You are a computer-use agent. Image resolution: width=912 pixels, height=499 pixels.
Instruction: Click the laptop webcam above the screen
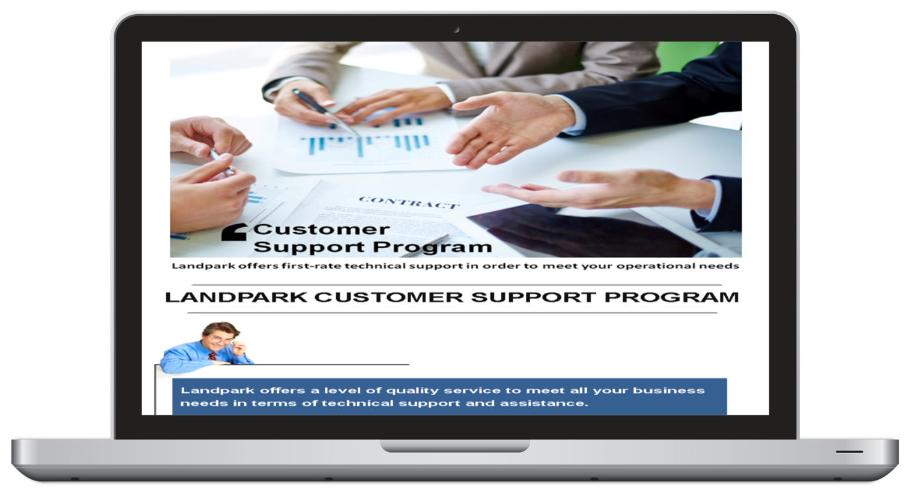click(x=457, y=30)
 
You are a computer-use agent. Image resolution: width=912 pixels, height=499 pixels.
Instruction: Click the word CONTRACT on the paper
click(x=409, y=203)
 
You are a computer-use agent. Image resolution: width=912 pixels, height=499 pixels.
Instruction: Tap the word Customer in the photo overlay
click(x=322, y=230)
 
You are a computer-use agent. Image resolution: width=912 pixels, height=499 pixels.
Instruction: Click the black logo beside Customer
click(x=234, y=232)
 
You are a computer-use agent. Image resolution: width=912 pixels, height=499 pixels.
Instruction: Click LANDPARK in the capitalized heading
click(x=236, y=297)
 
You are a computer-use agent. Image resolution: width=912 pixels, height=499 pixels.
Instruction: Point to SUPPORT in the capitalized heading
click(x=533, y=297)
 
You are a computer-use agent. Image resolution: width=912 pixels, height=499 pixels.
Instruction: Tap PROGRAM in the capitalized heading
click(x=672, y=297)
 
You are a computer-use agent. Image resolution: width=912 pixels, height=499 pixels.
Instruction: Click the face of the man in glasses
click(x=220, y=338)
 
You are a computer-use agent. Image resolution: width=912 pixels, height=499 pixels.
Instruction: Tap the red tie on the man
click(x=212, y=356)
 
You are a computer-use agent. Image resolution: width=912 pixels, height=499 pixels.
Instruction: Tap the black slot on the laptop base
click(x=850, y=451)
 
